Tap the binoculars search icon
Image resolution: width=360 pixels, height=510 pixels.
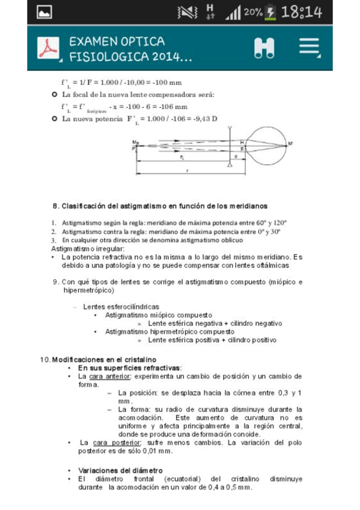pyautogui.click(x=263, y=48)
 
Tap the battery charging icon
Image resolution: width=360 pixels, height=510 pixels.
pyautogui.click(x=272, y=11)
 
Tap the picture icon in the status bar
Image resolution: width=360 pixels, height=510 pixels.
pyautogui.click(x=44, y=12)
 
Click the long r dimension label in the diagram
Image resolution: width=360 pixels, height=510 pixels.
pyautogui.click(x=188, y=171)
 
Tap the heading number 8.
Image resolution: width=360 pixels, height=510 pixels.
pyautogui.click(x=55, y=206)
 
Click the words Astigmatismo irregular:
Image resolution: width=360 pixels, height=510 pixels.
pyautogui.click(x=88, y=248)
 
